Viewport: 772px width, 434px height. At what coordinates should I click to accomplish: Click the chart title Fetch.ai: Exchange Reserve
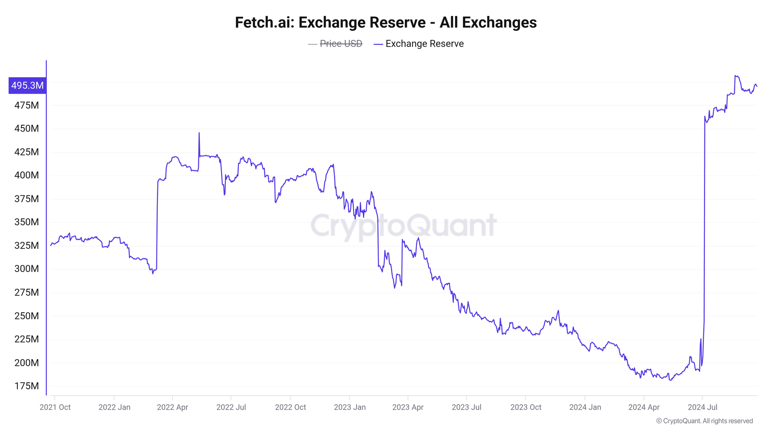tap(386, 23)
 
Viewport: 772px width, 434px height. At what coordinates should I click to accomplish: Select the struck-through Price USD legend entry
tap(341, 44)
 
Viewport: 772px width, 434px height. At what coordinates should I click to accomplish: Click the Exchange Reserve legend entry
tap(424, 44)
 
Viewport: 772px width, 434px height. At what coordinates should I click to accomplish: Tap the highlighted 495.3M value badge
tap(28, 85)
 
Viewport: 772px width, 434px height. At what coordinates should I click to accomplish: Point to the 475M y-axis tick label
tap(27, 105)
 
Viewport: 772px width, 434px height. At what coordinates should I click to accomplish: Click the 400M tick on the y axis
tap(27, 175)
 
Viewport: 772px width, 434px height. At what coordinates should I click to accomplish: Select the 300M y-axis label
tap(27, 269)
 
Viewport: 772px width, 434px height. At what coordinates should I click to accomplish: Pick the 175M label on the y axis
tap(27, 386)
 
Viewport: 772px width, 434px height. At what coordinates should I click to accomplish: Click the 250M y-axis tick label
tap(27, 316)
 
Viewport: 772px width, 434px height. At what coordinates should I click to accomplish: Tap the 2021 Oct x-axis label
tap(55, 407)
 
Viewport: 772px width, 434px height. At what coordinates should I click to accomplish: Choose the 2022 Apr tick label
tap(172, 407)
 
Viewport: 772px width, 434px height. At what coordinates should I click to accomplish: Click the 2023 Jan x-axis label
tap(349, 407)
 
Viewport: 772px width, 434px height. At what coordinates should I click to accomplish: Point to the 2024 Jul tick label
tap(702, 407)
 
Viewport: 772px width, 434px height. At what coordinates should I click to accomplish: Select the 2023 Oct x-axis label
tap(525, 407)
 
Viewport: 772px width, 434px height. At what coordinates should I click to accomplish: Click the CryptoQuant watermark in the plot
tap(403, 226)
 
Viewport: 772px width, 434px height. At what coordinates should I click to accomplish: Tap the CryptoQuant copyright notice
tap(704, 421)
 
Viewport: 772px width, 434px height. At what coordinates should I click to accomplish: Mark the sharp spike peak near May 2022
tap(199, 133)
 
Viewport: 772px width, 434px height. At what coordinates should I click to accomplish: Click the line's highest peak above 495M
tap(735, 76)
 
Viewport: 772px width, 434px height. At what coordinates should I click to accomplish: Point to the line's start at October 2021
tap(51, 245)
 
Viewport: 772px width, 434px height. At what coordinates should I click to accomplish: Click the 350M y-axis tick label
tap(27, 222)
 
